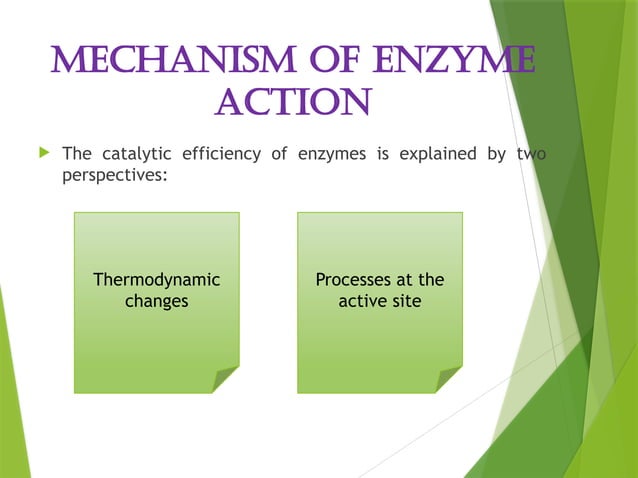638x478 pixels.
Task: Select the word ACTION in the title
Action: click(293, 101)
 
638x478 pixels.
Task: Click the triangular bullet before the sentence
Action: click(42, 154)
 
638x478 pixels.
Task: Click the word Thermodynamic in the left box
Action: click(157, 279)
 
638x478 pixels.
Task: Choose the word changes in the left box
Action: click(157, 300)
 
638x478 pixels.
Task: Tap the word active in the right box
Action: click(364, 300)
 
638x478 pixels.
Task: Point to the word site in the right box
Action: click(407, 300)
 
